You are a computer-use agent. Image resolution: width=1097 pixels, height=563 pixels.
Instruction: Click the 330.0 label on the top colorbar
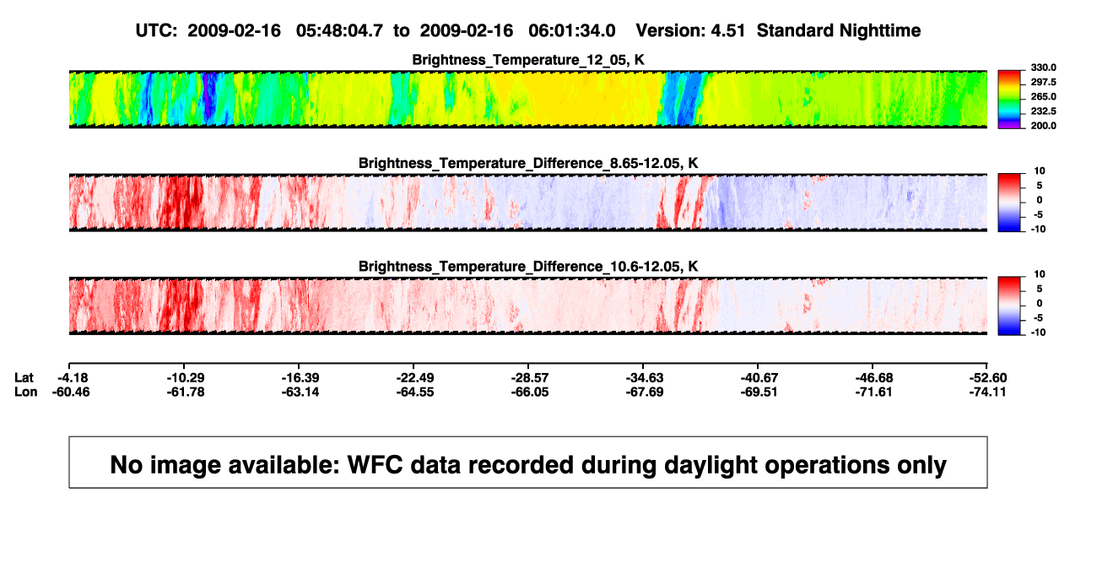[x=1043, y=68]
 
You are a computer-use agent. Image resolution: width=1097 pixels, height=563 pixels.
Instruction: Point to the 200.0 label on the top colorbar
[x=1043, y=126]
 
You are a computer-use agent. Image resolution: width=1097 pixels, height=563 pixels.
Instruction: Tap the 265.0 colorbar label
[x=1043, y=96]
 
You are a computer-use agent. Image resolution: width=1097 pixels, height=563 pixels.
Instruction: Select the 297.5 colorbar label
[x=1043, y=82]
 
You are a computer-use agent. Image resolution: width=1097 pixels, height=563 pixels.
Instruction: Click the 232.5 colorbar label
[x=1043, y=111]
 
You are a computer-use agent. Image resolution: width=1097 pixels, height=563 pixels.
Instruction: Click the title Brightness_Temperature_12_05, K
[x=528, y=60]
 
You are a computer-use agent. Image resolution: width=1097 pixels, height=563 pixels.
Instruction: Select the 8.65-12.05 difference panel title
[x=528, y=163]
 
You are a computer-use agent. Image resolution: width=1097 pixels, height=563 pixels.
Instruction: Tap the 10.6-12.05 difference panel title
[x=528, y=267]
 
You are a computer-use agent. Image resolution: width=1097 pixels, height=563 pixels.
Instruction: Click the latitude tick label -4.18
[x=73, y=378]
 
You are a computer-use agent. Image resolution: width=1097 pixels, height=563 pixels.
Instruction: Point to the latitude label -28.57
[x=530, y=378]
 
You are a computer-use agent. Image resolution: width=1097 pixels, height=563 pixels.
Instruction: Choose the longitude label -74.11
[x=988, y=392]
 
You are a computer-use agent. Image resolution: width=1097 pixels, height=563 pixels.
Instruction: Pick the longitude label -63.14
[x=300, y=392]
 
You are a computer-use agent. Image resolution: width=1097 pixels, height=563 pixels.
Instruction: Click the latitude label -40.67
[x=759, y=378]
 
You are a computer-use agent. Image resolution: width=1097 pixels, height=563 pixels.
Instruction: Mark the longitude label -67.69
[x=645, y=392]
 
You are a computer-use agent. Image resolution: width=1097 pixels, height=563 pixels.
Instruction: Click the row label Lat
[x=24, y=378]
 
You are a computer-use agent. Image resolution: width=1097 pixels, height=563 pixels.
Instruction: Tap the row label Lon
[x=26, y=392]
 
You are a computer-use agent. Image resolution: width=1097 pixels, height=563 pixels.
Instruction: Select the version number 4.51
[x=727, y=31]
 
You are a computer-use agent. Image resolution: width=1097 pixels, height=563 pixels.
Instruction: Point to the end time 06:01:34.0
[x=572, y=31]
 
